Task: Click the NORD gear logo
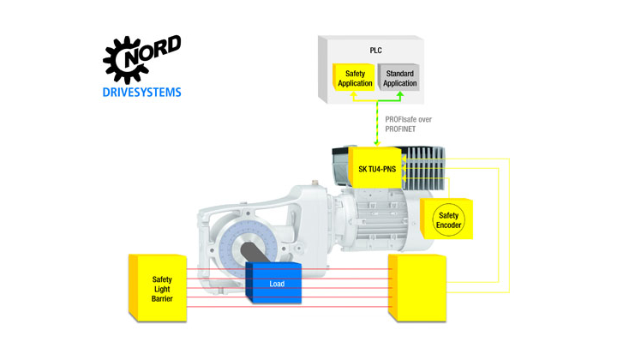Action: tap(141, 59)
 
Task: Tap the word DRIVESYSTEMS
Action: tap(141, 93)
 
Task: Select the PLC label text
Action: tap(376, 51)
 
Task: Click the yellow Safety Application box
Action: tap(354, 78)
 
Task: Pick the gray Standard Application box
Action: tap(398, 78)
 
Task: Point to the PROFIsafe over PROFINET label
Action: tap(408, 124)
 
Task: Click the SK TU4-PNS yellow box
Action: tap(375, 168)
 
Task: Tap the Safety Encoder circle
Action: tap(448, 220)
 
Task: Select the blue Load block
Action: tap(274, 283)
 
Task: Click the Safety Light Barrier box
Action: tap(158, 288)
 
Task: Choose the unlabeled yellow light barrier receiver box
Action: tap(417, 288)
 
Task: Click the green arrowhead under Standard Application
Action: tap(400, 95)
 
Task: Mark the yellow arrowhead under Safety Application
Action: tap(353, 95)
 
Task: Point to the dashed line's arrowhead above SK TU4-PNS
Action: tap(377, 143)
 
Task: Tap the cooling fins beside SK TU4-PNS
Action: tap(423, 166)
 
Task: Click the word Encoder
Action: tap(448, 225)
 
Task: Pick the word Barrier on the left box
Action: tap(162, 299)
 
